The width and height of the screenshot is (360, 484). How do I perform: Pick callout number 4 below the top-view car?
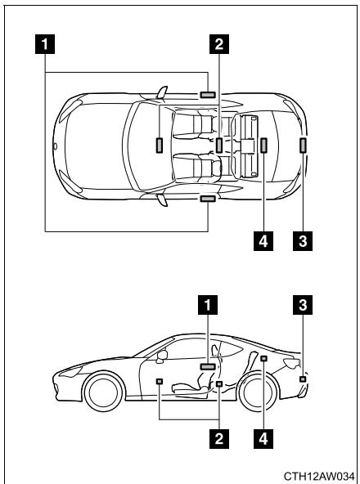tap(263, 241)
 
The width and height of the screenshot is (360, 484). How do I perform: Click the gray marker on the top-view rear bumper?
tap(304, 146)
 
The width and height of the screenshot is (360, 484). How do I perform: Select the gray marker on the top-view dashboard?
tap(157, 146)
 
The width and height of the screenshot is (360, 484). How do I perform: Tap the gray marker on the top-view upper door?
tap(208, 95)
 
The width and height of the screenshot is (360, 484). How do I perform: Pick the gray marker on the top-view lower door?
tap(208, 197)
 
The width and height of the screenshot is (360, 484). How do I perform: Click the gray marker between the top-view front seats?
tap(220, 146)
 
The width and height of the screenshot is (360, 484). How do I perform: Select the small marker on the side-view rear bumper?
tap(303, 379)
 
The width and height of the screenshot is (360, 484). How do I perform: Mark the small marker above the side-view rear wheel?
tap(263, 358)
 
